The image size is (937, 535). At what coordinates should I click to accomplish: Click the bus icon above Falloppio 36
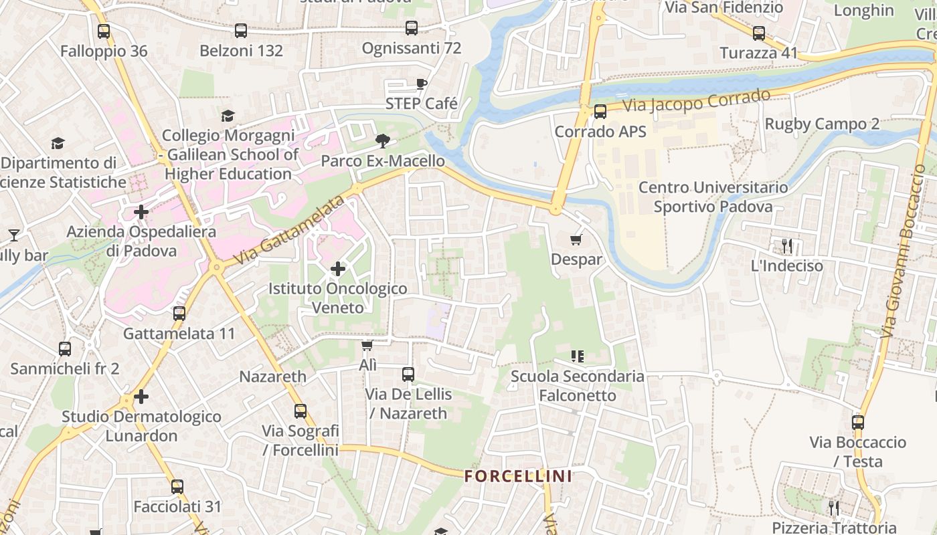(x=103, y=31)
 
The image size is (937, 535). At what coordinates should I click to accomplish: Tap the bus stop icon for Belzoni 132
(x=241, y=30)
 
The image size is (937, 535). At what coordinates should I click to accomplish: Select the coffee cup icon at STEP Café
(x=421, y=84)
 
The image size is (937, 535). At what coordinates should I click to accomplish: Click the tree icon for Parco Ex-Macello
(x=383, y=140)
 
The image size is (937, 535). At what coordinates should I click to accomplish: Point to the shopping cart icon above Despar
(x=576, y=239)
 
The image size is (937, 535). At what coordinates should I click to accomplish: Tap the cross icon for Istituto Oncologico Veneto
(x=338, y=269)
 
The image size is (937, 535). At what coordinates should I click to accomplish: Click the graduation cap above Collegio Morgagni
(x=228, y=116)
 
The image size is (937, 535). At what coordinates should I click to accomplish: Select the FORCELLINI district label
(x=519, y=476)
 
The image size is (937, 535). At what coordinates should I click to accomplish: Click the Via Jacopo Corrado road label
(x=697, y=101)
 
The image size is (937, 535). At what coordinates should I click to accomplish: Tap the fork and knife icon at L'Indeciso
(x=787, y=246)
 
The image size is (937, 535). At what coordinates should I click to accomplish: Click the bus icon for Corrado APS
(x=600, y=112)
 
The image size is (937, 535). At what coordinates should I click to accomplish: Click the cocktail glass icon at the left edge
(x=13, y=235)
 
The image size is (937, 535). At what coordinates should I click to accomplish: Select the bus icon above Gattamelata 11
(x=179, y=313)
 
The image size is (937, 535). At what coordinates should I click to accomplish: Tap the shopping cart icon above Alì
(x=367, y=345)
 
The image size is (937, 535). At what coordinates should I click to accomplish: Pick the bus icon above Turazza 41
(x=758, y=33)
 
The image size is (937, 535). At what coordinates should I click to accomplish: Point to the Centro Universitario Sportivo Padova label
(x=713, y=197)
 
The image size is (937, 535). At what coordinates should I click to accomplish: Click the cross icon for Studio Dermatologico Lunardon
(x=141, y=397)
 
